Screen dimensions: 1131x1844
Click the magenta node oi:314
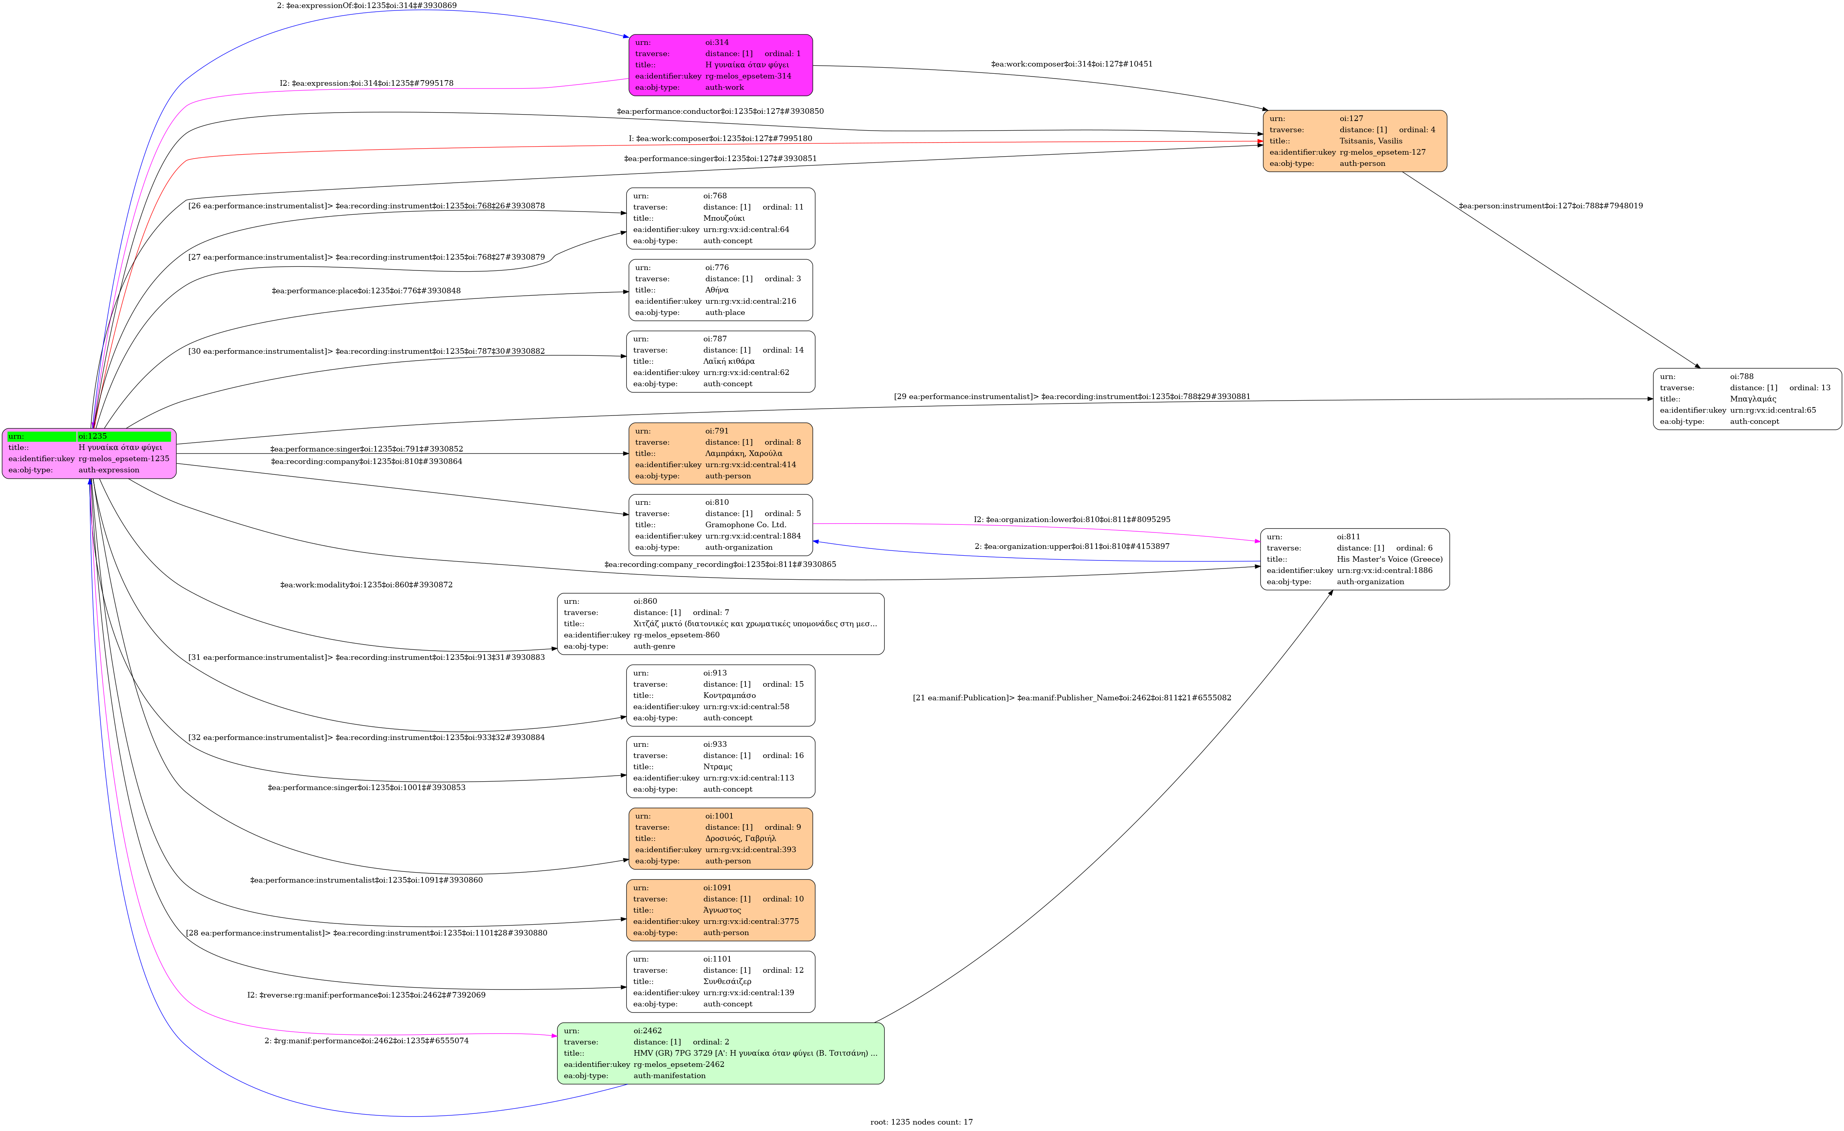(x=720, y=65)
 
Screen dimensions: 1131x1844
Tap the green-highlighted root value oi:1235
(x=123, y=436)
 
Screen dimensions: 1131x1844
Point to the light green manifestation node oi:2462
(x=720, y=1053)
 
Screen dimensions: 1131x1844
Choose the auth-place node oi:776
(x=720, y=290)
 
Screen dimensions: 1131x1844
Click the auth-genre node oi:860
(x=720, y=624)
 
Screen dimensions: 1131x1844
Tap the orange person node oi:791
(x=720, y=453)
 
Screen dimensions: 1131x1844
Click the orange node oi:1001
(x=720, y=839)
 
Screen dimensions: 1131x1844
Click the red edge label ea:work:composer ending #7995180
(x=720, y=138)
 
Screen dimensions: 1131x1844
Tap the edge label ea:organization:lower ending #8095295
(x=1072, y=519)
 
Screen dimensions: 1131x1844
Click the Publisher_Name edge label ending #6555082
(x=1072, y=698)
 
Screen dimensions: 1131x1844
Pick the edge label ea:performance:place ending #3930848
(x=366, y=291)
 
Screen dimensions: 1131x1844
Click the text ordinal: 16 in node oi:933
(x=783, y=756)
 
